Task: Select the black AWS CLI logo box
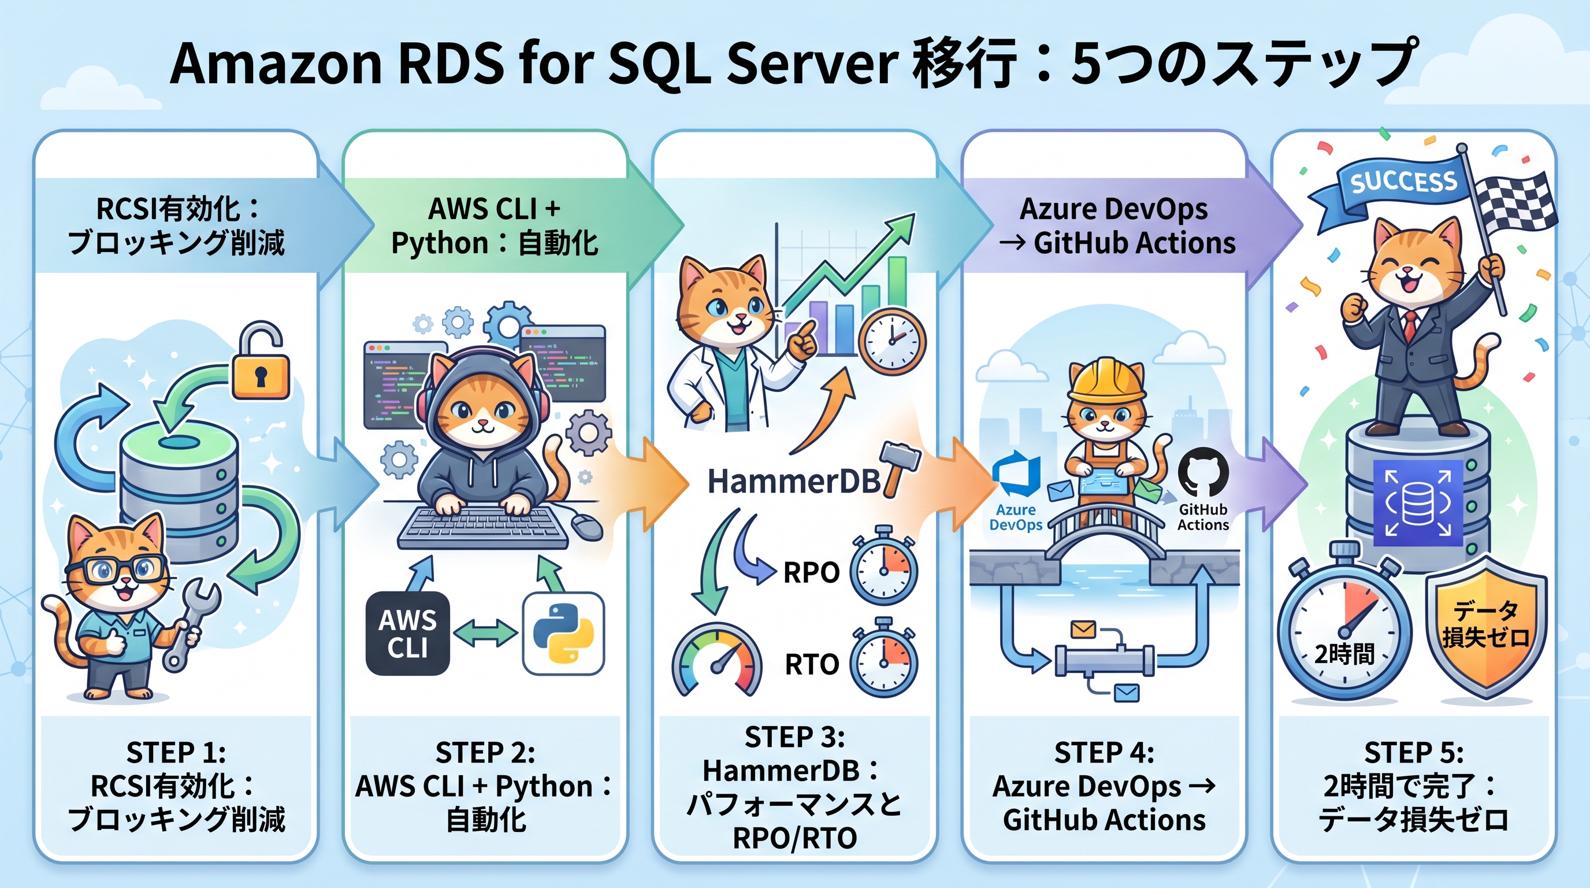[407, 633]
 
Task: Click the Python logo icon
[563, 633]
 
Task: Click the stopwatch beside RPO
[883, 569]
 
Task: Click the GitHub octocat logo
[1203, 472]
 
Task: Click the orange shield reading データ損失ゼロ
[1487, 627]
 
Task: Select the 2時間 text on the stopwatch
[1344, 653]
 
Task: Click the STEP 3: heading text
[794, 737]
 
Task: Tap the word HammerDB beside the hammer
[794, 482]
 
